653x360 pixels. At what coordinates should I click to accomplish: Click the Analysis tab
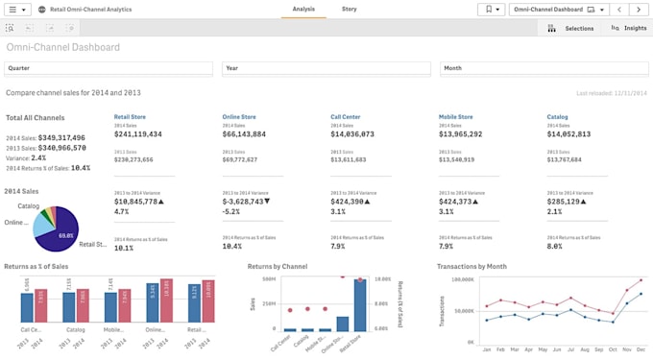[x=303, y=9]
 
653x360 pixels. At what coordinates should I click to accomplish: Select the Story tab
[x=349, y=9]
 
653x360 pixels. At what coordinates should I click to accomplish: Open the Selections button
[x=571, y=29]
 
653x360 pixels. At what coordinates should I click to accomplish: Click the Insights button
[x=629, y=29]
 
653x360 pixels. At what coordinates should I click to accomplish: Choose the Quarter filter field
[x=109, y=68]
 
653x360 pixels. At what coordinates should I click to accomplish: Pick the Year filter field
[x=326, y=68]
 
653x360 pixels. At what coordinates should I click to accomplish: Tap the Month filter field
[x=544, y=68]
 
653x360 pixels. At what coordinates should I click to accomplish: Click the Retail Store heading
[x=130, y=117]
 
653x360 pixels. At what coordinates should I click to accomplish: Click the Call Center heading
[x=346, y=117]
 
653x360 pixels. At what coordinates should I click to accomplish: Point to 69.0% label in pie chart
[x=66, y=235]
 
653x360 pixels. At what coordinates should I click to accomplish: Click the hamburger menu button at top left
[x=19, y=9]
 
